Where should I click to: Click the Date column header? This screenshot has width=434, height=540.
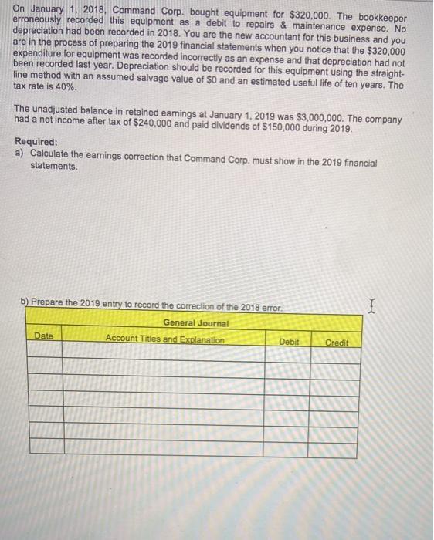(43, 336)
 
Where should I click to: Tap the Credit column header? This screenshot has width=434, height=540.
(337, 342)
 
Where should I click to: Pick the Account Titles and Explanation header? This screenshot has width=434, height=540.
(164, 340)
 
